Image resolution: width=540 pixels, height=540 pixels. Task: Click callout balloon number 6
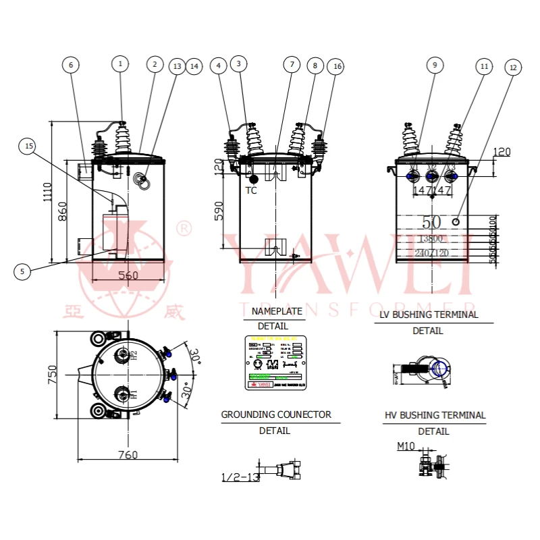click(x=71, y=65)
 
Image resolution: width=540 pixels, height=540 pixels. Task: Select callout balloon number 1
click(x=120, y=64)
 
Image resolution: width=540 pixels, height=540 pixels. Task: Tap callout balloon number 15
click(x=28, y=146)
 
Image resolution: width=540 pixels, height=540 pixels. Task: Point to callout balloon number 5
click(x=22, y=271)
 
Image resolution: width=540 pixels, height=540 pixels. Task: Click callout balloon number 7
click(x=291, y=65)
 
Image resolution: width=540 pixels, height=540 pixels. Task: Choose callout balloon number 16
click(x=336, y=66)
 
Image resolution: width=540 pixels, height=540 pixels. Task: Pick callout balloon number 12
click(x=514, y=67)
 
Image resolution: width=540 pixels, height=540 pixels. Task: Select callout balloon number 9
click(x=435, y=65)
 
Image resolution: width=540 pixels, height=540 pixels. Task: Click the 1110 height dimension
click(x=46, y=193)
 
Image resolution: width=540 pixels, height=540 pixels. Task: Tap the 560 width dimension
click(x=128, y=275)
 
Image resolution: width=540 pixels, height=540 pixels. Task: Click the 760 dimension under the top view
click(x=128, y=455)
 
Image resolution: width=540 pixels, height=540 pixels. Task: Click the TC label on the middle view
click(x=251, y=190)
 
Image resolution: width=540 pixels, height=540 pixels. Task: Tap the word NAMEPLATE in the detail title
click(x=277, y=312)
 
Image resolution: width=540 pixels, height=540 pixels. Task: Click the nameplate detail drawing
click(x=275, y=362)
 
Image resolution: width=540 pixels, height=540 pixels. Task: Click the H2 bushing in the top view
click(x=123, y=355)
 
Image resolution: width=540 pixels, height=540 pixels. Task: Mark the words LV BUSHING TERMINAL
click(x=428, y=315)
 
